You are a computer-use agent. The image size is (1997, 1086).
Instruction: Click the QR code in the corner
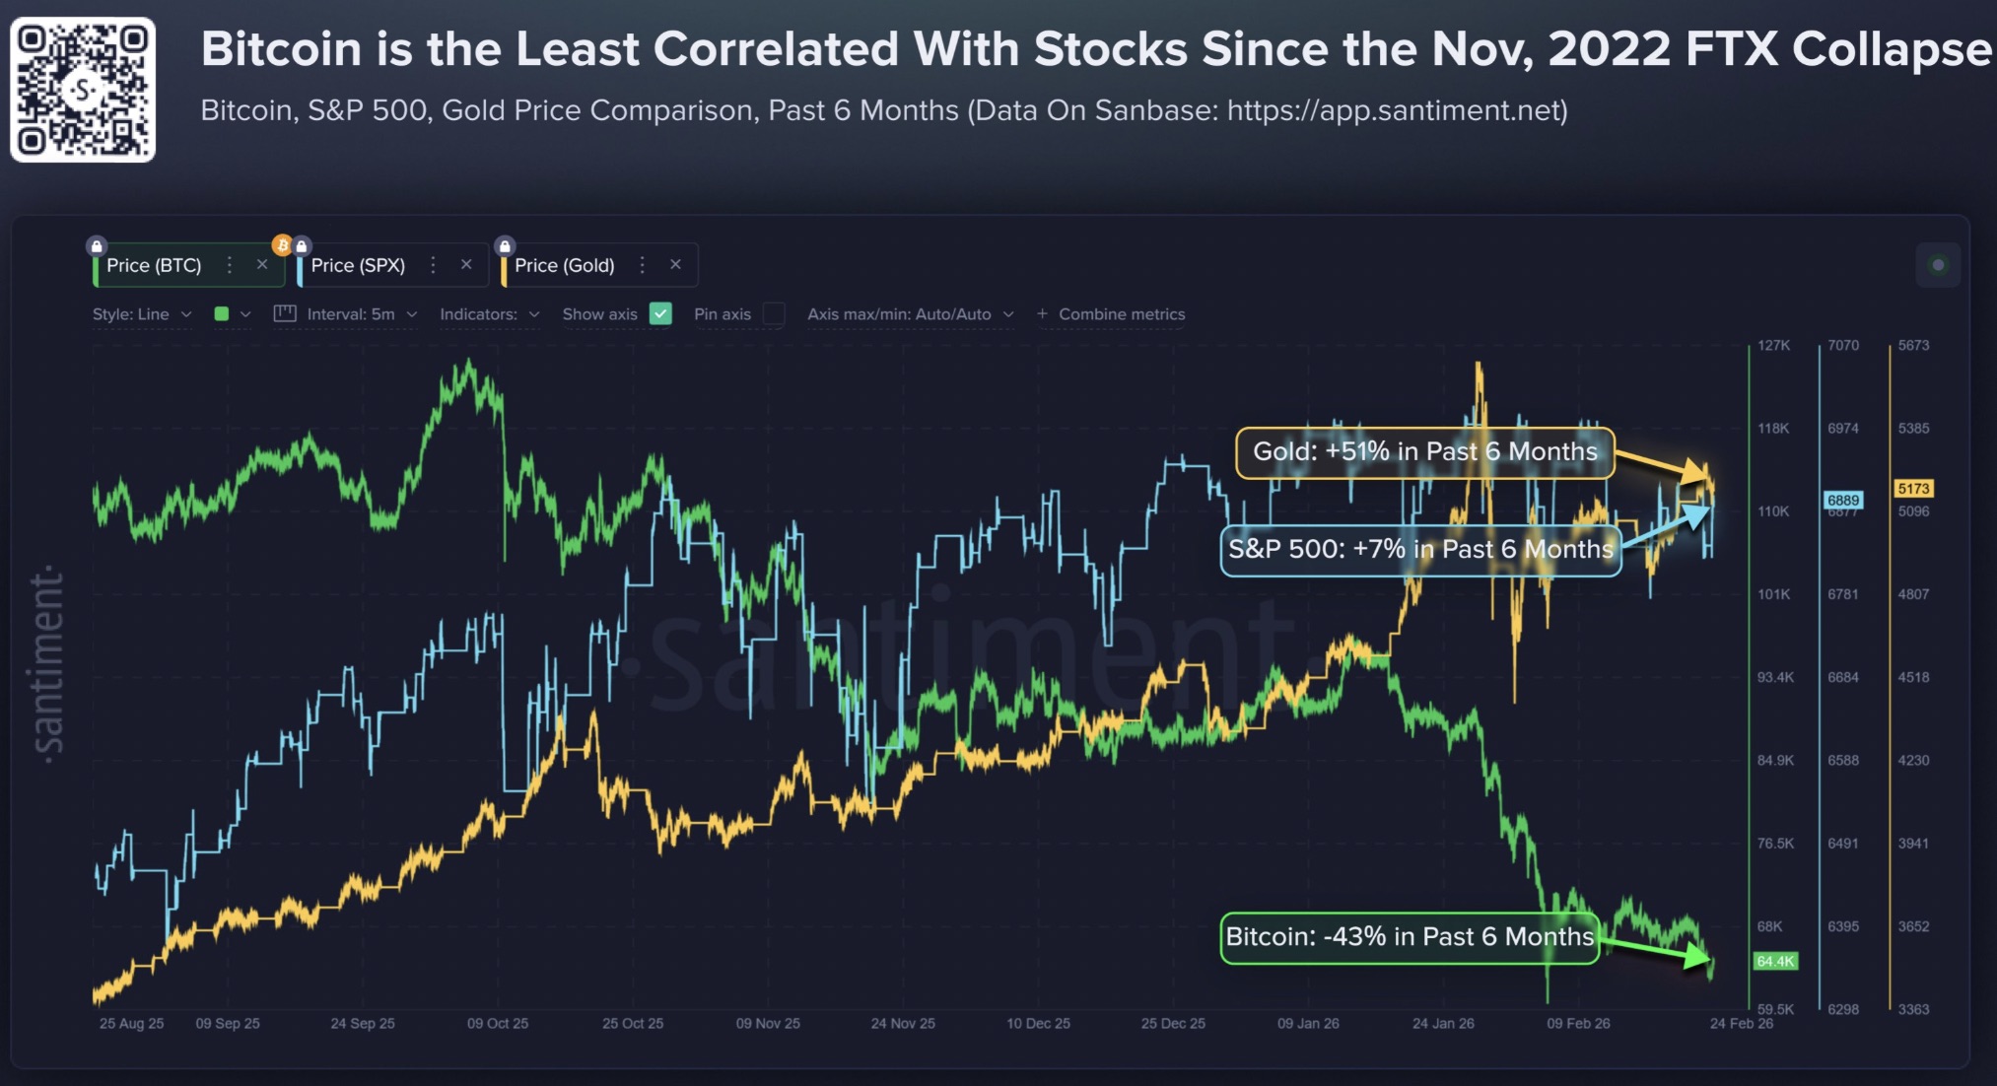(x=83, y=90)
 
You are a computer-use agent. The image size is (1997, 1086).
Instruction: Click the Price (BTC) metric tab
(x=154, y=265)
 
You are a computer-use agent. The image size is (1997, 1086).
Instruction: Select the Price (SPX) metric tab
(x=358, y=265)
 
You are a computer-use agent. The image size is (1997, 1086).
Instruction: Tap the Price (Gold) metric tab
(x=564, y=265)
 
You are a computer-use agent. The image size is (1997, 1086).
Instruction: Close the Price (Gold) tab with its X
(x=675, y=264)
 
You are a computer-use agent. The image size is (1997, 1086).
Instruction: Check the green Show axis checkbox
(x=661, y=313)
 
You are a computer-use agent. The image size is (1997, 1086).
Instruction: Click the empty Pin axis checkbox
(x=774, y=313)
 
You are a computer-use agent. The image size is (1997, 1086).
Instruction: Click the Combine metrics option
(x=1121, y=313)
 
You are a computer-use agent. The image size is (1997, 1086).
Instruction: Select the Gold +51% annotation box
(x=1424, y=452)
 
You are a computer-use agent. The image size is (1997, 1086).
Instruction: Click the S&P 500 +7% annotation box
(x=1419, y=549)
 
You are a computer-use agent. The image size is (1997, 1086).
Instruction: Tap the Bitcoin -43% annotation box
(x=1409, y=937)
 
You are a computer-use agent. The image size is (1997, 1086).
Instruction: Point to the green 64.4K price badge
(x=1775, y=961)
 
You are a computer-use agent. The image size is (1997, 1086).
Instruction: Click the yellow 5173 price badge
(x=1913, y=489)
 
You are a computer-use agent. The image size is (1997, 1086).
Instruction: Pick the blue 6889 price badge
(x=1842, y=500)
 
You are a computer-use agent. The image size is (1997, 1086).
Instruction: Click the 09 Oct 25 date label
(x=498, y=1023)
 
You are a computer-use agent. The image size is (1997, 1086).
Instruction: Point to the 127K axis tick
(x=1773, y=345)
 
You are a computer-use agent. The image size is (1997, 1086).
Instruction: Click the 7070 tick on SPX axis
(x=1842, y=345)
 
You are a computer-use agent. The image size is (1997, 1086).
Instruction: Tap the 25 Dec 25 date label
(x=1173, y=1023)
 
